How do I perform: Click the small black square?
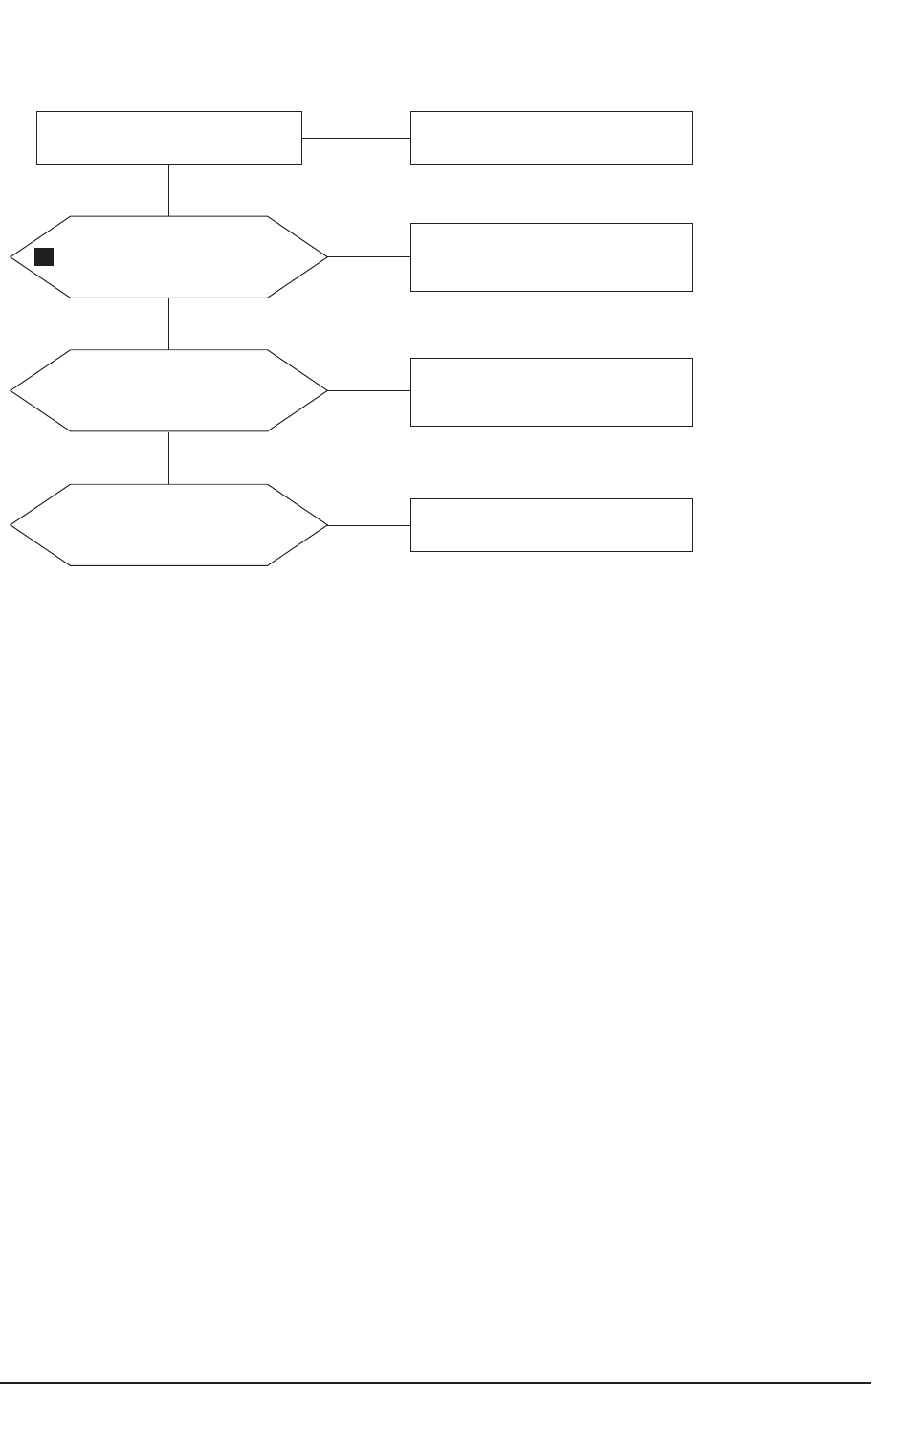point(43,256)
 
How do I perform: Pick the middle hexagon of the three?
point(169,390)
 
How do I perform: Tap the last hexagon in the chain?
point(169,525)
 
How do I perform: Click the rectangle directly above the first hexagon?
point(169,138)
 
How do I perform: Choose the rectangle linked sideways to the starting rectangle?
point(551,138)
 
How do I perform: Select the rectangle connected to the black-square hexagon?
point(551,256)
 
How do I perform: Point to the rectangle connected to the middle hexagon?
point(551,391)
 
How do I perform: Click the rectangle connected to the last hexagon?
point(551,524)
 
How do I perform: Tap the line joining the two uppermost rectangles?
point(356,138)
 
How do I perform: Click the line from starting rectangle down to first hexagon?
point(169,189)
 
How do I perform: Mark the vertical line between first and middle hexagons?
point(169,323)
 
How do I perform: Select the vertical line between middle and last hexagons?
point(169,457)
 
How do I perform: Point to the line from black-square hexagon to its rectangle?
point(369,256)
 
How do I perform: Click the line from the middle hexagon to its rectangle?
point(369,390)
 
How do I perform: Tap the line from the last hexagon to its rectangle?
point(369,525)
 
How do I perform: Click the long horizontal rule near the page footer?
point(435,1382)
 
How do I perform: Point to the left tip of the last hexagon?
point(12,525)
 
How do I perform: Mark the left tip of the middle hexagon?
point(12,390)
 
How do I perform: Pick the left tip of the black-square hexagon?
point(12,256)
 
